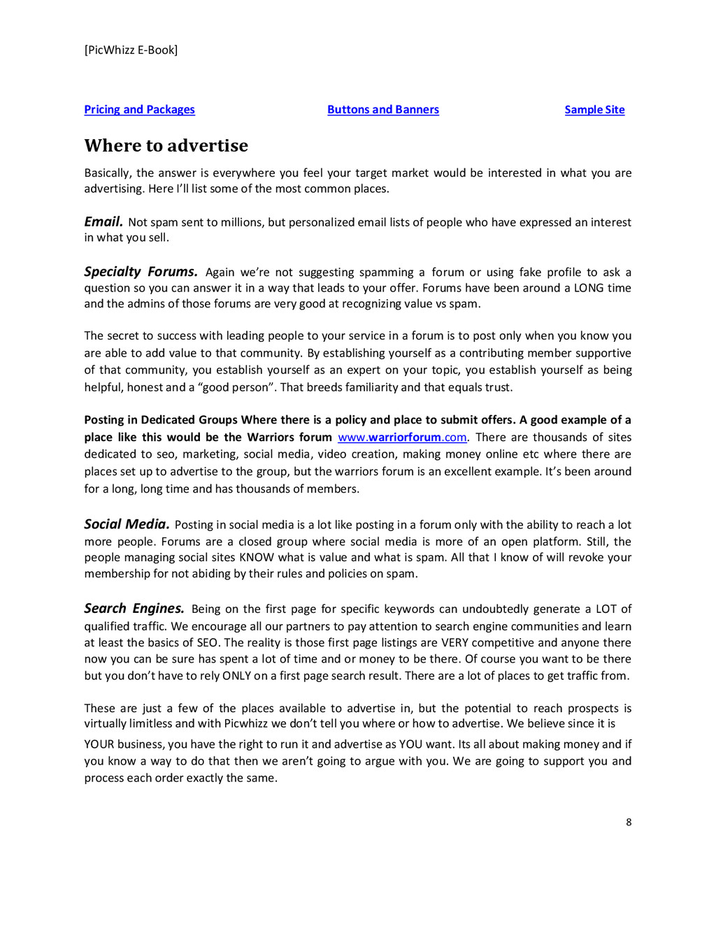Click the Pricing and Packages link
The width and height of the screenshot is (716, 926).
[139, 110]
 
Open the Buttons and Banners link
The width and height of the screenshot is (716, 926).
[382, 110]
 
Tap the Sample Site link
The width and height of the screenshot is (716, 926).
[594, 110]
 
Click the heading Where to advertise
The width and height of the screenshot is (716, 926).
[166, 145]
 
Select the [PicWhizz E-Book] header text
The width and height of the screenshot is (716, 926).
[131, 50]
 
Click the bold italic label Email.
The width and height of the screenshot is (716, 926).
[103, 222]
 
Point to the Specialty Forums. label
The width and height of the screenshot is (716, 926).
[141, 272]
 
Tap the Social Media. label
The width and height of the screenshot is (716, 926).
[127, 524]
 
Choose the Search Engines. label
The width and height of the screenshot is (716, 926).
[134, 609]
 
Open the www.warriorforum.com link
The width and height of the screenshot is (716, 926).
[402, 437]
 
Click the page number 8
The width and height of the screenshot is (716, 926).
[629, 823]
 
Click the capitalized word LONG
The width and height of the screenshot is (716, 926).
[589, 288]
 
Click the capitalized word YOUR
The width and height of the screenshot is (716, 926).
[99, 744]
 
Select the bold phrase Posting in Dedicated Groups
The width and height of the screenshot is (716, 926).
[161, 420]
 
